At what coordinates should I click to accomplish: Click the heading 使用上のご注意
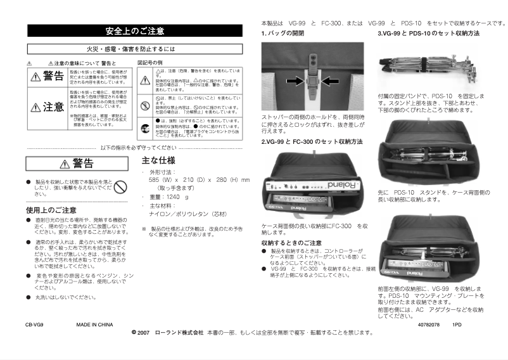pos(51,210)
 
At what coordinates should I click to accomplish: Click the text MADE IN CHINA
pos(94,325)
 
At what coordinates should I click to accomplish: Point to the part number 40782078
pos(429,325)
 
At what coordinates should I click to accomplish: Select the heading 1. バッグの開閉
pos(283,33)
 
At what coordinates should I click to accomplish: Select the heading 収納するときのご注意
pos(291,243)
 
